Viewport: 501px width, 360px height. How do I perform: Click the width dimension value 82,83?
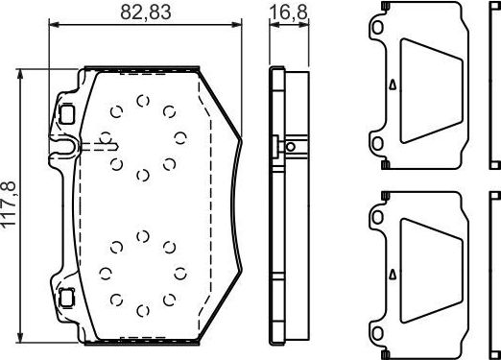tap(145, 12)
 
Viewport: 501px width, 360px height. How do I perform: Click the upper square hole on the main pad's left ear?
tap(66, 112)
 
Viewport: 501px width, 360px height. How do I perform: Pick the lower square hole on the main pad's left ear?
tap(66, 296)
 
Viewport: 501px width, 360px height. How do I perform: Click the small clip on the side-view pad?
tap(277, 147)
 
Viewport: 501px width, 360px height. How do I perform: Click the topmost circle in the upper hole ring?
tap(142, 101)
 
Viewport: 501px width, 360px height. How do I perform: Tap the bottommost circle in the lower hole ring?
tap(142, 310)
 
